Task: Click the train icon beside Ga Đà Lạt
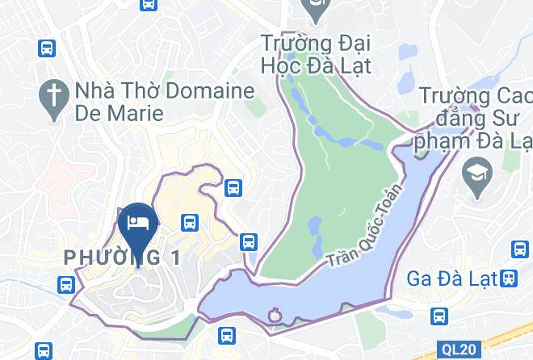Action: [x=509, y=278]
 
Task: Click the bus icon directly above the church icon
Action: [x=47, y=48]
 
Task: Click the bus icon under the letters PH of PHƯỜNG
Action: [x=66, y=283]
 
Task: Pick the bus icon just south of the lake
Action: [x=227, y=334]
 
